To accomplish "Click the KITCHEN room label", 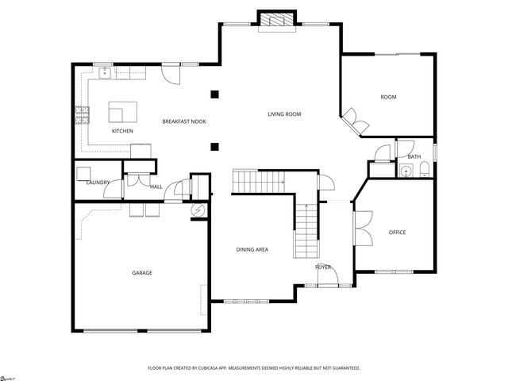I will [x=122, y=131].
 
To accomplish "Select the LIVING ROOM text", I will [x=284, y=114].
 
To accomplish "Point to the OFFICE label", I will [x=397, y=233].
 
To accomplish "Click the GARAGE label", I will [x=142, y=273].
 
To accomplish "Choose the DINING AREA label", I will [x=252, y=250].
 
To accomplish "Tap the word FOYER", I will [x=323, y=267].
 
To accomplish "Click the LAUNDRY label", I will [x=98, y=183].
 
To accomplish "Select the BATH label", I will [x=414, y=157].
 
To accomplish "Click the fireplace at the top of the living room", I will [x=278, y=21].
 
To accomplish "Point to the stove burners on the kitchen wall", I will [x=80, y=116].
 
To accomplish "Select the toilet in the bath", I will [x=425, y=168].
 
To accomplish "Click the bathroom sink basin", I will [x=406, y=170].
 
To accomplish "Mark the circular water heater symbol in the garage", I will [x=198, y=211].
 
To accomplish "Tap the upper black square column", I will [x=214, y=95].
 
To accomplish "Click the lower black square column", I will [x=214, y=146].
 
